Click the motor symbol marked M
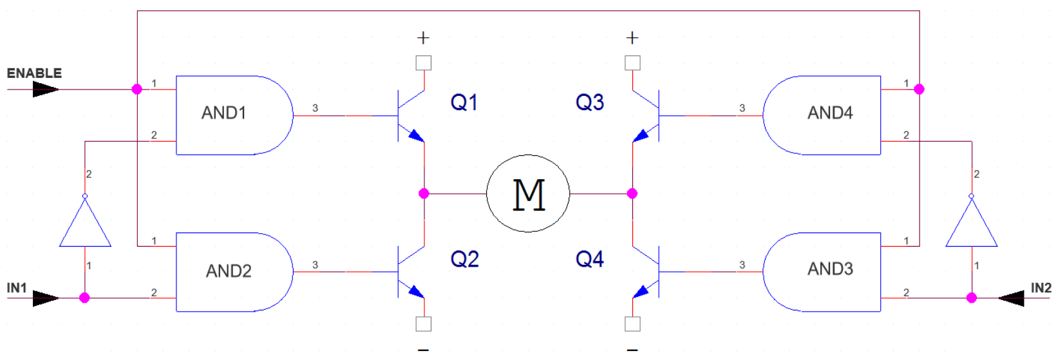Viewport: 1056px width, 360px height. point(528,193)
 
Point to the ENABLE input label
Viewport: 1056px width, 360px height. point(34,73)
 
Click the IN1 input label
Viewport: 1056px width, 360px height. point(17,288)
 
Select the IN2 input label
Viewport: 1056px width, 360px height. point(1041,288)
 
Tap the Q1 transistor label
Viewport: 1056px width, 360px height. point(464,102)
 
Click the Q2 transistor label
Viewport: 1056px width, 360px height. point(464,260)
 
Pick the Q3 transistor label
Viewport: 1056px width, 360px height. point(589,102)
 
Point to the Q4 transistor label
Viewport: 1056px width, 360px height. point(589,260)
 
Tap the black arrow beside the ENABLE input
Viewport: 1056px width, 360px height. point(45,89)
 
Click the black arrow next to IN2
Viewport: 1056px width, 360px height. point(1011,298)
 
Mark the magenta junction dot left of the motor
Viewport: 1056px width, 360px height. point(424,193)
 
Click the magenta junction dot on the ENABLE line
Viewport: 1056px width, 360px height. point(137,89)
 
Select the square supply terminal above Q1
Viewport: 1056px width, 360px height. point(424,63)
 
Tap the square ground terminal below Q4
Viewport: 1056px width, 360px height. point(632,324)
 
